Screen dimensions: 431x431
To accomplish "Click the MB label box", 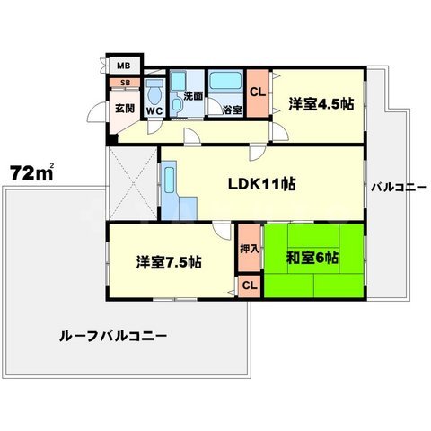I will [120, 66].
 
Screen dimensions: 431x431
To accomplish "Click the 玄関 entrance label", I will [124, 109].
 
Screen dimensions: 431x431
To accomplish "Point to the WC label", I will [154, 111].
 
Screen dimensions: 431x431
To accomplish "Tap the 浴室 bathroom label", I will [220, 111].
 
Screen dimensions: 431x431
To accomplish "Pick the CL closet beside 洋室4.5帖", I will [256, 92].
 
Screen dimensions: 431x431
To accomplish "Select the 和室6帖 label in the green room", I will [312, 258].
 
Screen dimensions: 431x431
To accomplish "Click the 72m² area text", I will [31, 171].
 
